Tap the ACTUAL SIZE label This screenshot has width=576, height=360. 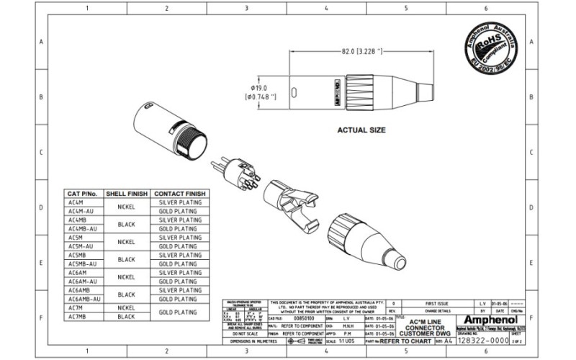[361, 131]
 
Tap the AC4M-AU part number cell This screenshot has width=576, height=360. [81, 212]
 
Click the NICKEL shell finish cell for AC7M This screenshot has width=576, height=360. [126, 308]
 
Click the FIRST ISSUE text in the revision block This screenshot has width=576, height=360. [438, 305]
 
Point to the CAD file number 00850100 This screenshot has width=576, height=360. [294, 318]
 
